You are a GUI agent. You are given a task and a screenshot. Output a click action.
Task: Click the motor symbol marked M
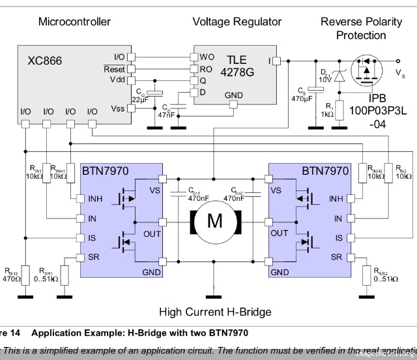[214, 222]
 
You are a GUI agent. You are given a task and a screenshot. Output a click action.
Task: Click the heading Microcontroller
[74, 22]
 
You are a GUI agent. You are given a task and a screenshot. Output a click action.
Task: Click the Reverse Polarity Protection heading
[361, 28]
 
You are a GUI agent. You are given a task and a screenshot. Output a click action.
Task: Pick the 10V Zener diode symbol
[339, 77]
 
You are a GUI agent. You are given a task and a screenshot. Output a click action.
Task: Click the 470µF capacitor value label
[302, 98]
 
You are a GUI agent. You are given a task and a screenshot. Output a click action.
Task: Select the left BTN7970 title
[105, 172]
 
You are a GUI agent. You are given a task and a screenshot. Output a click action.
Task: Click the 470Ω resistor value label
[12, 278]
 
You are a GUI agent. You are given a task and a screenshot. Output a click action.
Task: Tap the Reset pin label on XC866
[114, 69]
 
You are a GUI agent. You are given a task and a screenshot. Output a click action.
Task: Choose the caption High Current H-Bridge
[214, 312]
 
